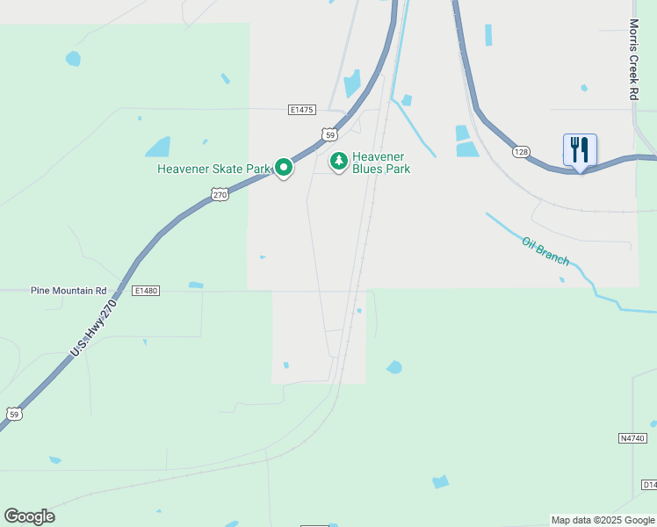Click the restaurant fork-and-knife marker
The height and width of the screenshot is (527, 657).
pyautogui.click(x=579, y=150)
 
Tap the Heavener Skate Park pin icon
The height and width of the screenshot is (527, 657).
pyautogui.click(x=283, y=167)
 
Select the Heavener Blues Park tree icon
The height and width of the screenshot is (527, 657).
pyautogui.click(x=338, y=161)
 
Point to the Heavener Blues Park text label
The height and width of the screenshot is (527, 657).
pyautogui.click(x=381, y=162)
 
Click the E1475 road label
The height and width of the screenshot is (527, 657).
pyautogui.click(x=301, y=110)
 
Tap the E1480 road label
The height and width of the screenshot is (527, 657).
pyautogui.click(x=146, y=290)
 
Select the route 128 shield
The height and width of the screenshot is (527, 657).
pyautogui.click(x=522, y=152)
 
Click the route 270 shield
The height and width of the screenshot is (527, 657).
pyautogui.click(x=220, y=195)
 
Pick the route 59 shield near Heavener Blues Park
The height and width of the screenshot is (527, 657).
pyautogui.click(x=328, y=134)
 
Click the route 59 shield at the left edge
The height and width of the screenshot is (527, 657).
pyautogui.click(x=12, y=413)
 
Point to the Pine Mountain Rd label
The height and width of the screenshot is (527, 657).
pyautogui.click(x=69, y=290)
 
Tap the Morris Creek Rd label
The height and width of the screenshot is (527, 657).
pyautogui.click(x=633, y=59)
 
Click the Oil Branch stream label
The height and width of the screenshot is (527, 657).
pyautogui.click(x=545, y=251)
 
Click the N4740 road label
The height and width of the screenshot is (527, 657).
pyautogui.click(x=632, y=437)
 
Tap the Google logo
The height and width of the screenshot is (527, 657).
pyautogui.click(x=29, y=516)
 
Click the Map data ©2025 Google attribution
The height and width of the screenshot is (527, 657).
pyautogui.click(x=603, y=520)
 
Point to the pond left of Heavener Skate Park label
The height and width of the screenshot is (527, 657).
pyautogui.click(x=157, y=147)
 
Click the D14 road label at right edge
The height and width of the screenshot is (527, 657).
pyautogui.click(x=648, y=485)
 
